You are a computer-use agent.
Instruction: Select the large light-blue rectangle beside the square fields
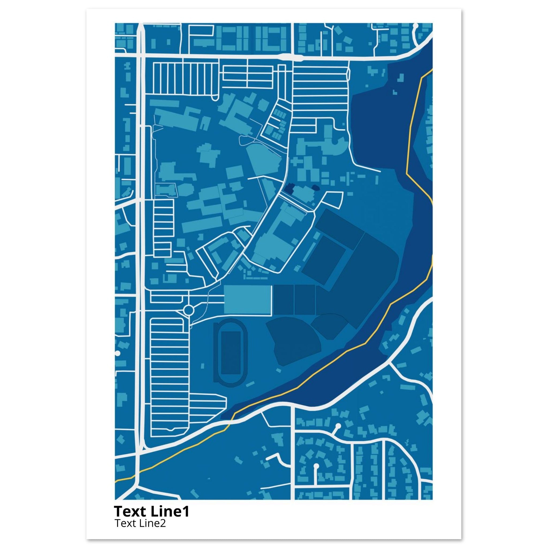tap(247, 299)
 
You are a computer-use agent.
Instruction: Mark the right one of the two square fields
tap(305, 299)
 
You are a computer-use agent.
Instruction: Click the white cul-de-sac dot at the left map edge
tap(117, 353)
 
